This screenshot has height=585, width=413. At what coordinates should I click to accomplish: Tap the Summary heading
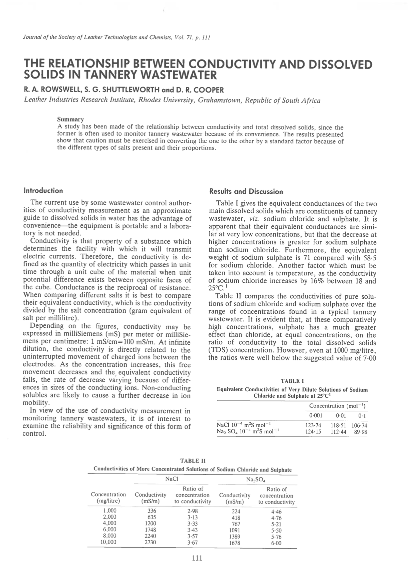70,120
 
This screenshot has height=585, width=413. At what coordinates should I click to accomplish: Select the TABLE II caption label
193,461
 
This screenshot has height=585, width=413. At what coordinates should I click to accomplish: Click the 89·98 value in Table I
361,432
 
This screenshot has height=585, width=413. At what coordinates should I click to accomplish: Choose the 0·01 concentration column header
341,415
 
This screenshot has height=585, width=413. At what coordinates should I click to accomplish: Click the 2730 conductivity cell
150,543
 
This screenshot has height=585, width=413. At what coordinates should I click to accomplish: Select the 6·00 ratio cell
276,543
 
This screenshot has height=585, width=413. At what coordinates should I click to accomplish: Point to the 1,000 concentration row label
110,511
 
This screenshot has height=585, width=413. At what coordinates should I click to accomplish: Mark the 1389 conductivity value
235,537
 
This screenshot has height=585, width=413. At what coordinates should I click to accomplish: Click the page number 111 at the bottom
197,558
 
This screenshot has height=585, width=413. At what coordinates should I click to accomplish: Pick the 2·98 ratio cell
193,511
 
